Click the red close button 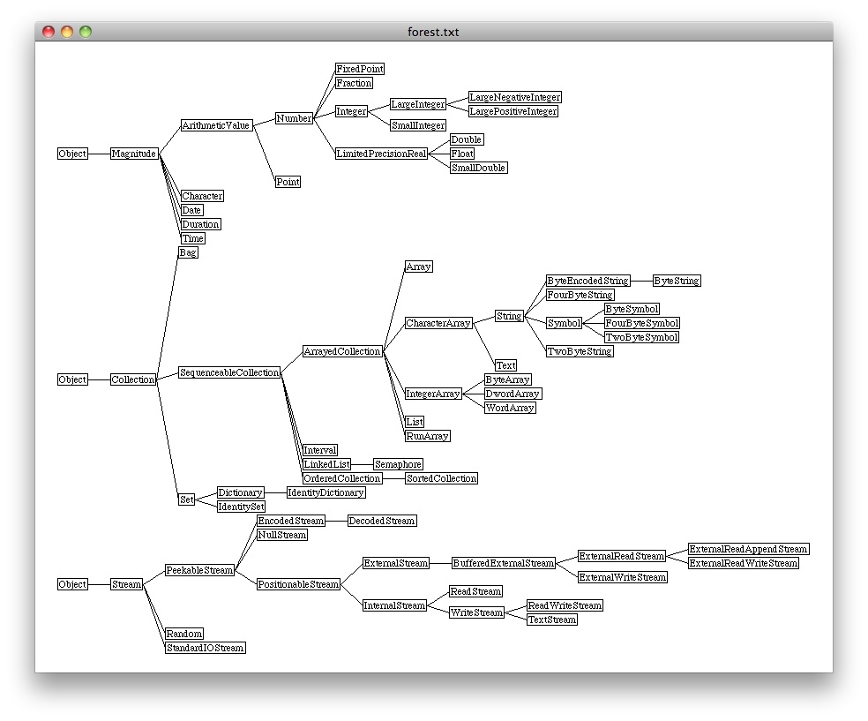tap(49, 32)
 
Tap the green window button tap(86, 32)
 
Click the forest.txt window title tap(433, 32)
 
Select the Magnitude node tap(134, 154)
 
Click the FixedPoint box tap(360, 69)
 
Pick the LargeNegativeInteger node tap(515, 97)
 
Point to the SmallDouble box tap(478, 168)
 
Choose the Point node tap(288, 182)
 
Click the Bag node tap(188, 252)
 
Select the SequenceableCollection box tap(229, 372)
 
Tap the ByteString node tap(677, 281)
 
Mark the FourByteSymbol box tap(642, 323)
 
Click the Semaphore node tap(398, 464)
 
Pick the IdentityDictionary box tap(326, 492)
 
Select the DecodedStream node tap(382, 521)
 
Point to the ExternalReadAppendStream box tap(748, 549)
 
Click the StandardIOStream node tap(206, 648)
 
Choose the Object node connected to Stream tap(72, 584)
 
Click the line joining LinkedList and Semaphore tap(362, 464)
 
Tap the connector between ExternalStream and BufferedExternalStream tap(441, 563)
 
